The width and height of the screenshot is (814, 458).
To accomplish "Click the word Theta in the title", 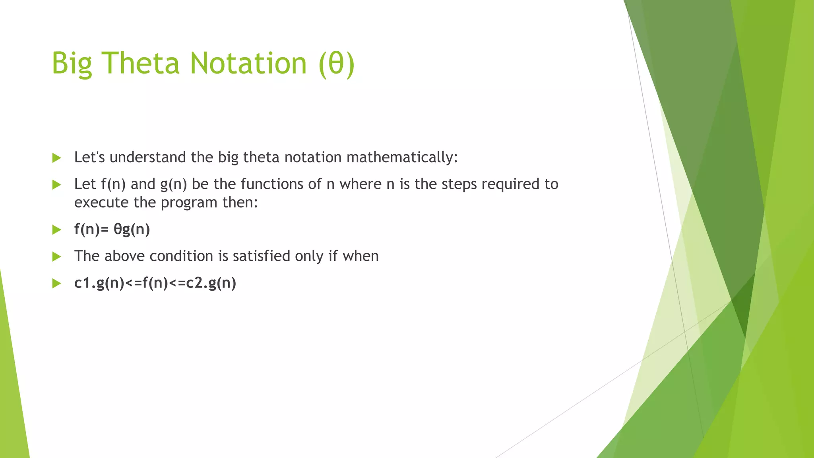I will (x=141, y=64).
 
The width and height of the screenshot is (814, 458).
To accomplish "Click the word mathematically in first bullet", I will (x=401, y=158).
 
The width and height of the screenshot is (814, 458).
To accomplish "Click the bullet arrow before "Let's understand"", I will (x=57, y=158).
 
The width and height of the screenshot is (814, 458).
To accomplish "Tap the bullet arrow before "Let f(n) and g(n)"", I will (x=57, y=184).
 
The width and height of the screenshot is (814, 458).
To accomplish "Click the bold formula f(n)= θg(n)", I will (x=112, y=230).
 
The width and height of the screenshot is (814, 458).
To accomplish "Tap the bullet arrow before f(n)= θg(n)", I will (x=57, y=230).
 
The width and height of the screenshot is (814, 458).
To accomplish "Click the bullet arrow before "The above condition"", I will (x=57, y=256).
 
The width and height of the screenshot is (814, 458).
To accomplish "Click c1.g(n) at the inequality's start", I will (x=99, y=283).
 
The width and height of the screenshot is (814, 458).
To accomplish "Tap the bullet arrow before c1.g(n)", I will (x=57, y=283).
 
